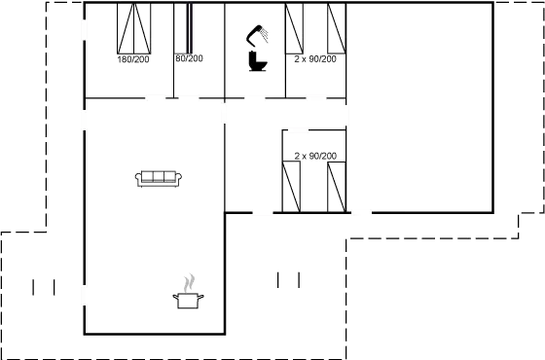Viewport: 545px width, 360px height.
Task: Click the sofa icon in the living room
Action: (x=158, y=179)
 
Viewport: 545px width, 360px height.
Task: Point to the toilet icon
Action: (x=258, y=61)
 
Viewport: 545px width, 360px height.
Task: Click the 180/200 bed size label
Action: (x=133, y=59)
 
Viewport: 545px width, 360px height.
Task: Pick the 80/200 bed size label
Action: (x=189, y=58)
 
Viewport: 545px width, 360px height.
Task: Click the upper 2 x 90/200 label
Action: (x=315, y=59)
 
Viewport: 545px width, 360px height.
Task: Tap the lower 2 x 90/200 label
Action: (x=315, y=156)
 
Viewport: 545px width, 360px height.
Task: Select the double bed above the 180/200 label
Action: (x=134, y=28)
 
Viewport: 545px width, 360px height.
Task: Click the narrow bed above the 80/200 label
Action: (x=183, y=28)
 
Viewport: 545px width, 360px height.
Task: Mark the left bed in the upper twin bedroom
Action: (x=294, y=28)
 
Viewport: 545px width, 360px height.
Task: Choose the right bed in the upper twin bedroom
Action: (x=337, y=28)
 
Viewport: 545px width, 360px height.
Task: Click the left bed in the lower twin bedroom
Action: (x=291, y=187)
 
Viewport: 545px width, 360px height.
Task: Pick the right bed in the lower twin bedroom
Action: (x=337, y=187)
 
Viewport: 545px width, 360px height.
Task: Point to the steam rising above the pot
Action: (x=189, y=283)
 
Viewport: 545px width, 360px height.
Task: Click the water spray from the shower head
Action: (x=264, y=35)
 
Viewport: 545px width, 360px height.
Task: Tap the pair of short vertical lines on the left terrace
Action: (x=44, y=287)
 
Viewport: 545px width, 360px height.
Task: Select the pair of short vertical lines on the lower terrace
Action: (x=288, y=280)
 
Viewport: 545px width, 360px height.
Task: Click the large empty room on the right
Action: (x=419, y=108)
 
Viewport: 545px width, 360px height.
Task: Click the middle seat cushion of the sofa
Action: (x=159, y=176)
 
